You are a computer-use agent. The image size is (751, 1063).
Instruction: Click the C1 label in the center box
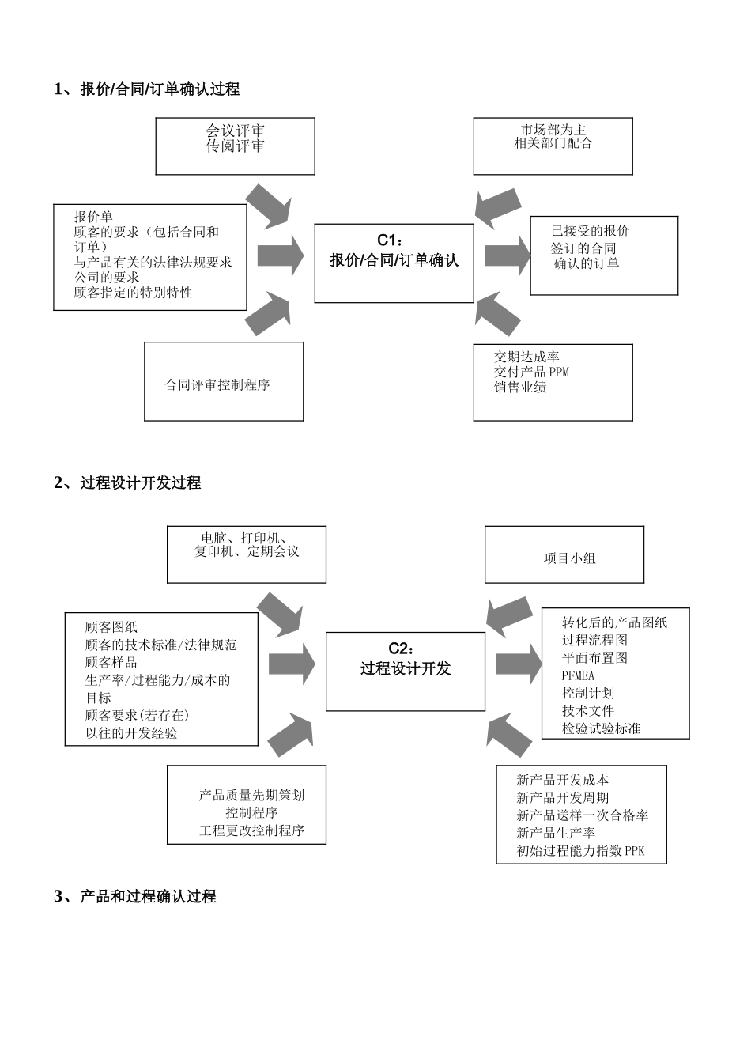(x=391, y=240)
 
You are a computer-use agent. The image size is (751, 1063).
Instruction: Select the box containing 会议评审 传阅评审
(x=235, y=146)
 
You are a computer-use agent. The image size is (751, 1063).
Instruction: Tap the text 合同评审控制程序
(x=217, y=385)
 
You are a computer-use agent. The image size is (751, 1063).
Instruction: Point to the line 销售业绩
(x=520, y=388)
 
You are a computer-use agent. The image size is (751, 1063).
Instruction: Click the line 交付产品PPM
(x=531, y=372)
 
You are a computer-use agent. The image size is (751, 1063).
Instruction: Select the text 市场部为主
(x=553, y=130)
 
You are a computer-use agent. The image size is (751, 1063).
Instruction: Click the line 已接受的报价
(x=591, y=231)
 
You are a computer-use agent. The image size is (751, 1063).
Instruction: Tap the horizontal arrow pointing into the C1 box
(x=281, y=255)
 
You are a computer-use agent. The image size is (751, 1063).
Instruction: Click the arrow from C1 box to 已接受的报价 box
(x=507, y=255)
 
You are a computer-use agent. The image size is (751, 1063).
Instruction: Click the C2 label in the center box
(x=402, y=649)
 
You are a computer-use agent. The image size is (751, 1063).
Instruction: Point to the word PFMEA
(x=578, y=676)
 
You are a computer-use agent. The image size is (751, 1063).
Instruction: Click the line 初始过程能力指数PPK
(x=581, y=852)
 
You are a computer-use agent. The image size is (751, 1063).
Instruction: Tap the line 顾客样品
(x=111, y=663)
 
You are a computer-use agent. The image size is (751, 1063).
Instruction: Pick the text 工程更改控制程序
(x=251, y=831)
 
